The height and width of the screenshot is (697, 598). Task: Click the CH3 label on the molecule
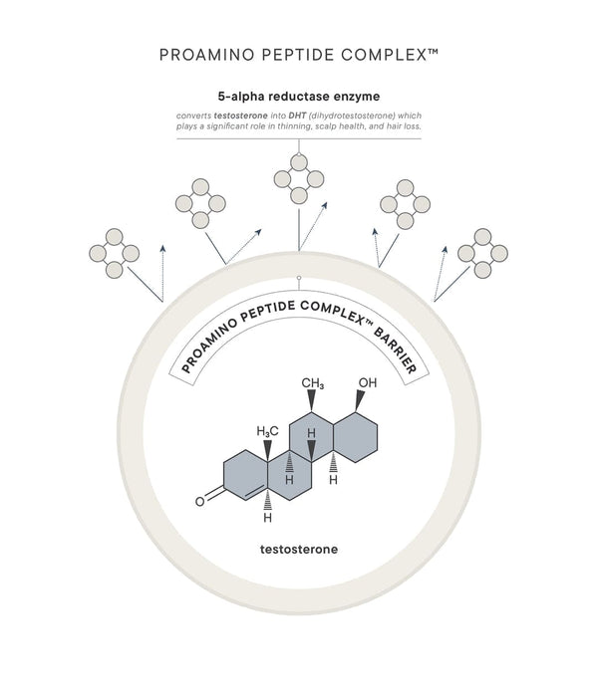pos(313,384)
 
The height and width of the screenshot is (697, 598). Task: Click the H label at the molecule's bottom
pos(267,518)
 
